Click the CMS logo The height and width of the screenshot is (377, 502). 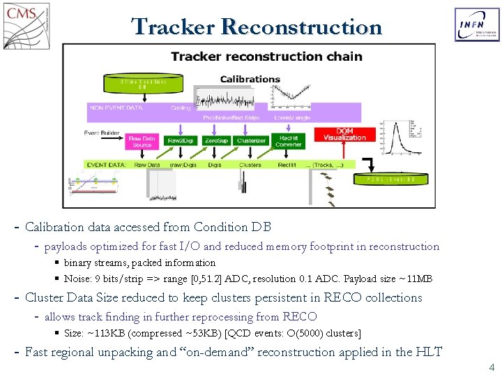click(26, 26)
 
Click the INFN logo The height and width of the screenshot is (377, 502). click(476, 25)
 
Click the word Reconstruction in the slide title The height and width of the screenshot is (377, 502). click(301, 27)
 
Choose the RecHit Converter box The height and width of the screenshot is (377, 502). click(288, 140)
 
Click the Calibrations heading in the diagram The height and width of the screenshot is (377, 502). click(250, 79)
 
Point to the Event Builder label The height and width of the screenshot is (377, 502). click(102, 133)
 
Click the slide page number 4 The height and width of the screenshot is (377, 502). click(492, 367)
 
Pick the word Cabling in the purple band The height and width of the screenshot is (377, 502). click(181, 108)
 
